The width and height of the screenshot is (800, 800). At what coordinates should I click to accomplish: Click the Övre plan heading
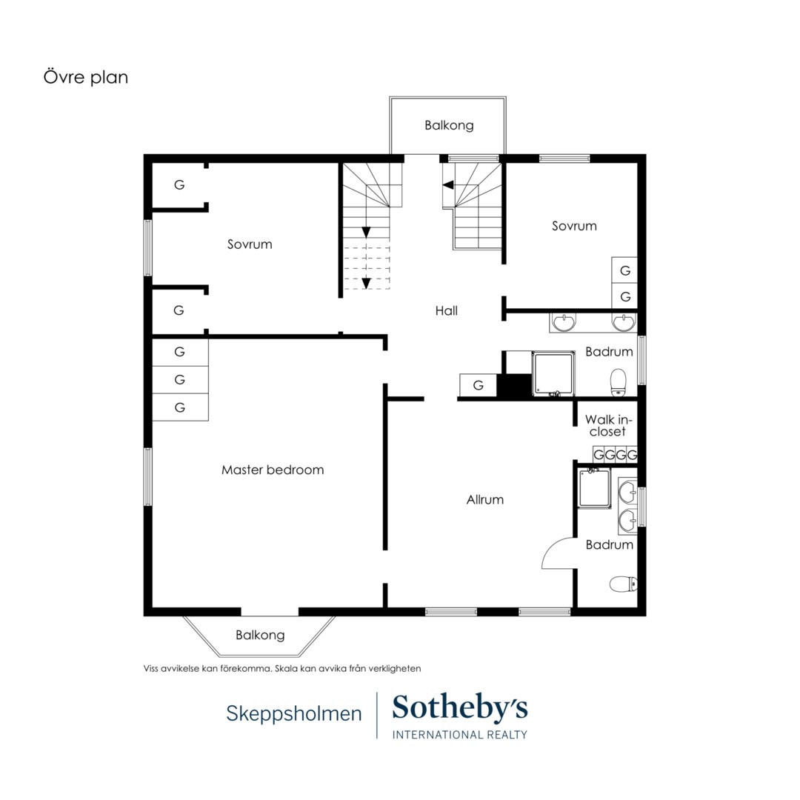click(x=86, y=77)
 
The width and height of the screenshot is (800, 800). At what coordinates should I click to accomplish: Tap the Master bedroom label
click(x=273, y=470)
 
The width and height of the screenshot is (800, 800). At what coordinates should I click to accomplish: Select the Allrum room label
click(x=484, y=499)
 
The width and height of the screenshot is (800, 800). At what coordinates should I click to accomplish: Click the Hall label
click(x=447, y=310)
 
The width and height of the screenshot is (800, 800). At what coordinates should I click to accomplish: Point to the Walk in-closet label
click(x=608, y=425)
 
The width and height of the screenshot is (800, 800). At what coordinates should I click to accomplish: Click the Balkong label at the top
click(x=449, y=125)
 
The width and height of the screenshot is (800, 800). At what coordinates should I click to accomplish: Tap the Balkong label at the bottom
click(x=260, y=636)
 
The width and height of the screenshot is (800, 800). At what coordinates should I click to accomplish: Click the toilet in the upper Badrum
click(x=619, y=382)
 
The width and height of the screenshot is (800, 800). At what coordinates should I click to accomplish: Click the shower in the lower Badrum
click(x=594, y=488)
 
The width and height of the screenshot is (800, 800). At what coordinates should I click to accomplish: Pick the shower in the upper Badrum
click(x=553, y=374)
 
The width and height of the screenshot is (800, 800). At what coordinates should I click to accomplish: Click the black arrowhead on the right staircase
click(x=448, y=184)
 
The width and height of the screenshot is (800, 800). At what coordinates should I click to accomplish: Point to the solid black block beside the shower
click(x=514, y=385)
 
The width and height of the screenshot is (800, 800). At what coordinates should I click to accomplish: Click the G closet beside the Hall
click(x=478, y=385)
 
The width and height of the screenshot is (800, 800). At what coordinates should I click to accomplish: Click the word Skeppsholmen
click(x=294, y=714)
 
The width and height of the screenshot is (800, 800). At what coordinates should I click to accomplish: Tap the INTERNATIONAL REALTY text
click(x=460, y=735)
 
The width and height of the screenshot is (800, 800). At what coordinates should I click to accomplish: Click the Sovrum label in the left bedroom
click(x=250, y=244)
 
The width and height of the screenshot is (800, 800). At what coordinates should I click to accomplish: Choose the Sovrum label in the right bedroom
click(x=575, y=226)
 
